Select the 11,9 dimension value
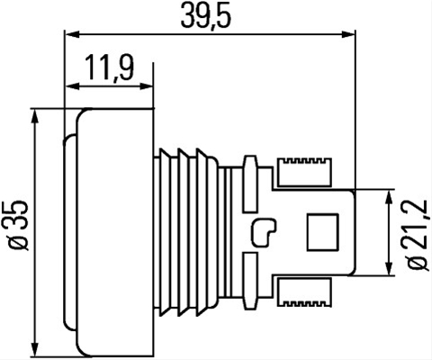[109, 68]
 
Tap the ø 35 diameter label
[19, 226]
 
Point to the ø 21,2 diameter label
[418, 234]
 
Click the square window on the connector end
[322, 232]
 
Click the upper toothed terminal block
[304, 172]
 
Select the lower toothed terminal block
[304, 292]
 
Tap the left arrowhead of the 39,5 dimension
[72, 34]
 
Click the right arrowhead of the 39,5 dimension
[348, 34]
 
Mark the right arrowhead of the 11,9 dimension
[147, 86]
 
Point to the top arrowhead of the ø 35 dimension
[36, 116]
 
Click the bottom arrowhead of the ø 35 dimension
[36, 349]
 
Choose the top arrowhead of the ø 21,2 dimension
[389, 197]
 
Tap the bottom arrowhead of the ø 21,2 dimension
[389, 268]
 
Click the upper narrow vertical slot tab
[251, 184]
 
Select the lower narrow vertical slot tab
[251, 281]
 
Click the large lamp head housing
[114, 232]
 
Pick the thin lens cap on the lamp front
[70, 232]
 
